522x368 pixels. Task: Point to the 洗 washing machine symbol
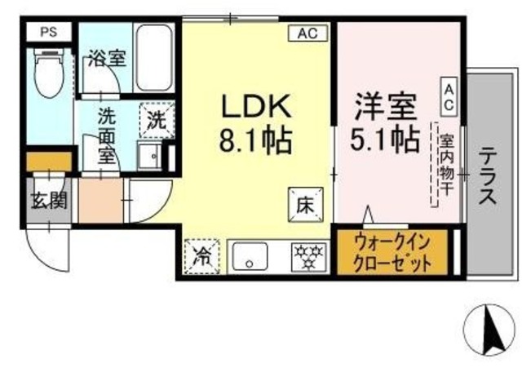coord(156,119)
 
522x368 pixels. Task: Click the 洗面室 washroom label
coord(106,135)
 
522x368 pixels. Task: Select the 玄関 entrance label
coord(49,200)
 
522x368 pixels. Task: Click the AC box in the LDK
coord(307,33)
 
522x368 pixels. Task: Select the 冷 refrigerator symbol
coord(201,256)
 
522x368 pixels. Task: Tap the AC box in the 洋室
coord(449,96)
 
